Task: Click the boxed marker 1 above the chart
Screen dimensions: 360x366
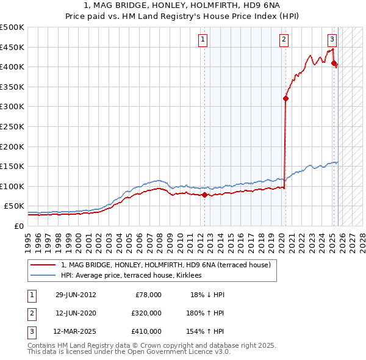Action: (x=203, y=40)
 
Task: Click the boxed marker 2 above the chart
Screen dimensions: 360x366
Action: (x=284, y=40)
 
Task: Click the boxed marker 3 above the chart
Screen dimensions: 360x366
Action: (x=332, y=40)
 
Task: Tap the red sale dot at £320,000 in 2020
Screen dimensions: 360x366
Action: (x=285, y=98)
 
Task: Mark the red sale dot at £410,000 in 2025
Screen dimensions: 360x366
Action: (x=334, y=63)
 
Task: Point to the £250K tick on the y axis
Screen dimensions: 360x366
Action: (x=12, y=126)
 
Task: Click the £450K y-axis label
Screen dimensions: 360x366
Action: (x=12, y=47)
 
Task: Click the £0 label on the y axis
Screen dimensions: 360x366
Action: (x=18, y=226)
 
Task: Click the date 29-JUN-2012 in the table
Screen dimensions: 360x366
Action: (x=76, y=295)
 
